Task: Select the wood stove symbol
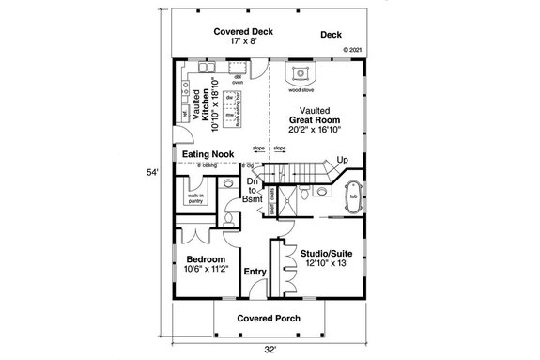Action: point(301,74)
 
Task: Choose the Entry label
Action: point(255,273)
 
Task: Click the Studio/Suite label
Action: point(321,254)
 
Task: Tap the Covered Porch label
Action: point(268,319)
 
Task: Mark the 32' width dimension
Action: point(270,350)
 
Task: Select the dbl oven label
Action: point(239,79)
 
